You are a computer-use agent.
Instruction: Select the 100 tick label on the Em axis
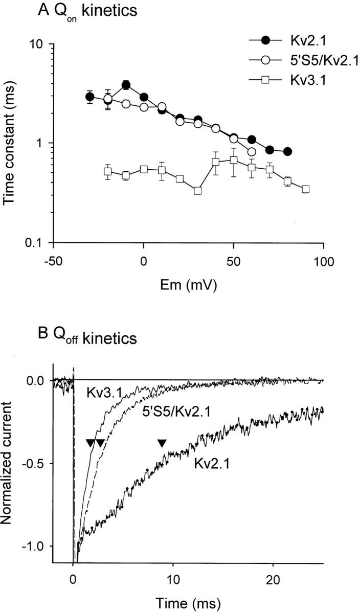323,260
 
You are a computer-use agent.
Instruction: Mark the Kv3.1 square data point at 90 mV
305,189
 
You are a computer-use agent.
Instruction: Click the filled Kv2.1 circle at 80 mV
287,151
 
